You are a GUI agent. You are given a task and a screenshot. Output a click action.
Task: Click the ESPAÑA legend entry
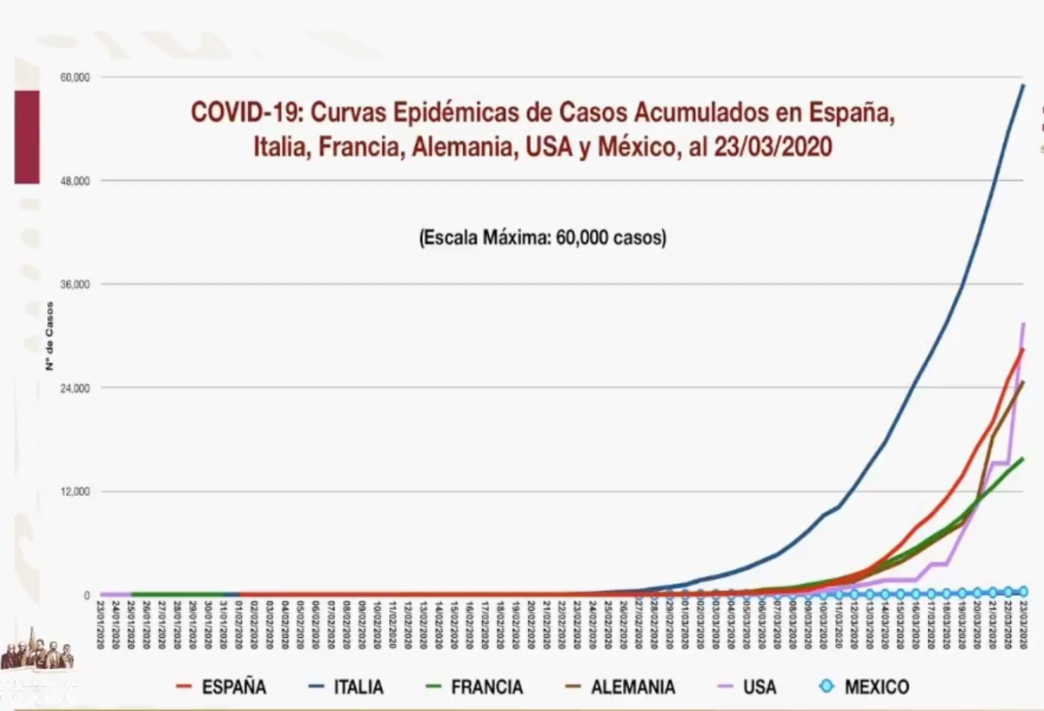coord(233,687)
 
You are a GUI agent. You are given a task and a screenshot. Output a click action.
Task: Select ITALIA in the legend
coord(358,687)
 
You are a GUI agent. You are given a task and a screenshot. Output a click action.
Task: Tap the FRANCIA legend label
coord(486,687)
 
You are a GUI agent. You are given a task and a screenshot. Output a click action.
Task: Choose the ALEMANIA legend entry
coord(632,687)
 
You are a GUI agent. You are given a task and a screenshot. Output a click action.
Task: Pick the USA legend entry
coord(760,687)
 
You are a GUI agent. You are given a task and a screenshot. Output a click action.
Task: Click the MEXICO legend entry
coord(876,687)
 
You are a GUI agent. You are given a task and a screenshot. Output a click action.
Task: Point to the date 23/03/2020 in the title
coord(773,145)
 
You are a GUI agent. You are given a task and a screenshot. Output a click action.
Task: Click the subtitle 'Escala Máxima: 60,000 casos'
coord(542,238)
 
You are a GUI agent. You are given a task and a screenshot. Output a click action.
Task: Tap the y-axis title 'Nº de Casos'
coord(50,335)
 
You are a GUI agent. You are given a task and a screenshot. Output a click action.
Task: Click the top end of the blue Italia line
coord(1023,85)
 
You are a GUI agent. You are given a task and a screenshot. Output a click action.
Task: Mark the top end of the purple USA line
coord(1023,324)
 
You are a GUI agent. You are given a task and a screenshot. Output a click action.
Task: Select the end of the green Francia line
coord(1023,458)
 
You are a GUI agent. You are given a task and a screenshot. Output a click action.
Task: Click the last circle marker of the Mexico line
coord(1023,591)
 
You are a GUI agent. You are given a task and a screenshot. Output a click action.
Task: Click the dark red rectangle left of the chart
coord(27,137)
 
